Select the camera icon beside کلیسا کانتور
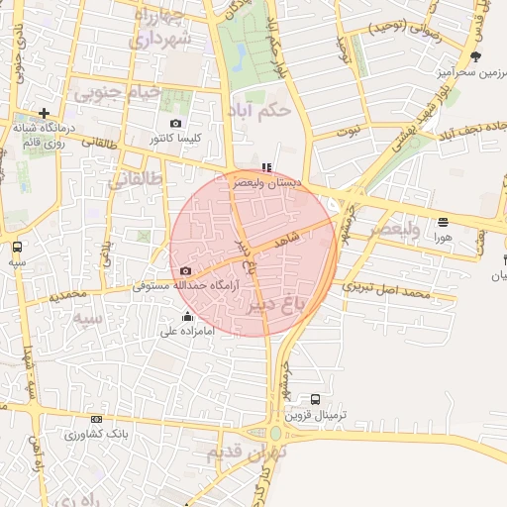(x=175, y=124)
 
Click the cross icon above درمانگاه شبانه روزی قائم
(x=44, y=113)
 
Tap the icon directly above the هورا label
(x=443, y=222)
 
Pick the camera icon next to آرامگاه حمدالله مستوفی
(x=185, y=270)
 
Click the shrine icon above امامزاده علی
(x=188, y=317)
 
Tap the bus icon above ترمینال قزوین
(x=316, y=399)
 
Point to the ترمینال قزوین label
(x=316, y=415)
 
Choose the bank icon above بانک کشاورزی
(x=95, y=419)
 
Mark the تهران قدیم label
(x=248, y=452)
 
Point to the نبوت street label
(x=349, y=131)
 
